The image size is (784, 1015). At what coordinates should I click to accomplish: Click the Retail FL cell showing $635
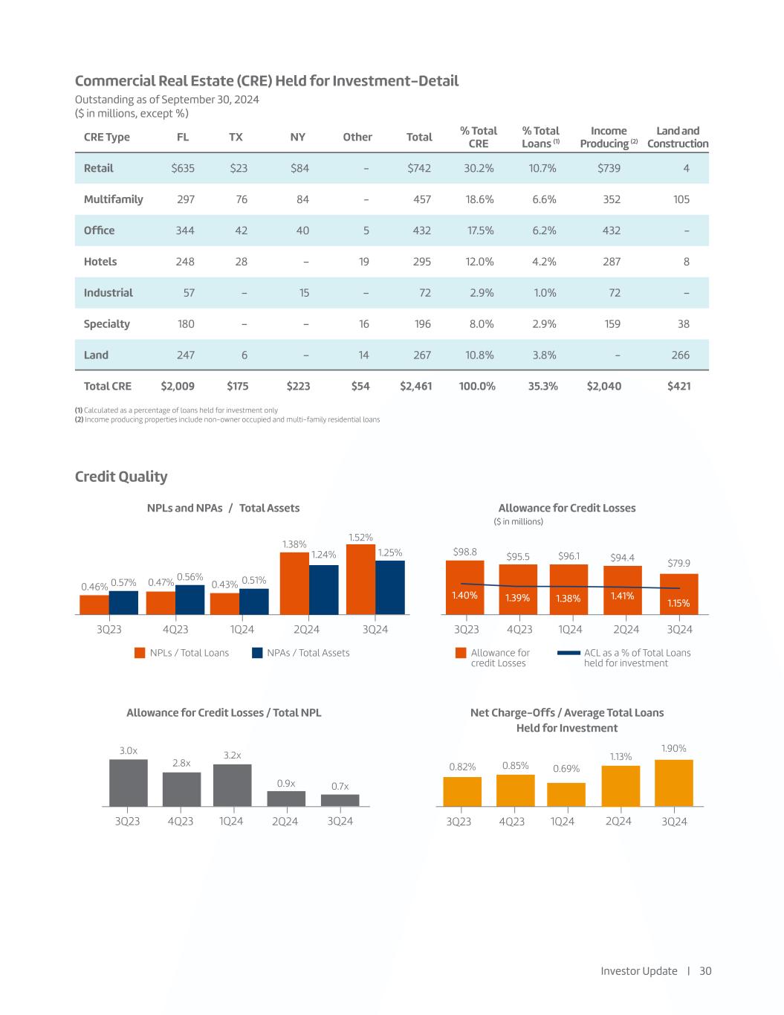coord(183,168)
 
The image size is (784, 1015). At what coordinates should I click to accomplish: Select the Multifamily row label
coord(113,199)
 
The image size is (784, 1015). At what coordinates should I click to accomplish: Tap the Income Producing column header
coord(609,137)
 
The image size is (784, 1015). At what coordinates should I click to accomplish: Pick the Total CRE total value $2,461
coord(415,386)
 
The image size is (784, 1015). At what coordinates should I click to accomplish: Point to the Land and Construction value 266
coord(681,355)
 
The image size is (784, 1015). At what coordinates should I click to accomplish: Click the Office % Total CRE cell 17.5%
coord(481,231)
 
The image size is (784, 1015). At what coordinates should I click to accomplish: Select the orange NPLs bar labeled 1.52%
coord(360,579)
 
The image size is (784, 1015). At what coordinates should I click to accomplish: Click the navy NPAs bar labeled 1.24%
coord(323,590)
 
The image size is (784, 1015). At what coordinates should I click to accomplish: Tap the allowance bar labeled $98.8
coord(464,587)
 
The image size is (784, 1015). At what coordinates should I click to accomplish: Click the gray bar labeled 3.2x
coord(232,785)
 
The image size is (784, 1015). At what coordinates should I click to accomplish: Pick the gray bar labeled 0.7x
coord(340,800)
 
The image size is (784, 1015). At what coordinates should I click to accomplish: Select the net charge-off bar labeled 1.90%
coord(673,783)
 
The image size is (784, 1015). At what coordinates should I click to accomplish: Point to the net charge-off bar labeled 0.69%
coord(566,794)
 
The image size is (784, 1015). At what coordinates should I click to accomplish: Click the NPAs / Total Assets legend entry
coord(300,653)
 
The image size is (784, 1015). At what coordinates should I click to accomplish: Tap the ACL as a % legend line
coord(568,653)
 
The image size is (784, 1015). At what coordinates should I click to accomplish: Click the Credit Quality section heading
coord(121,477)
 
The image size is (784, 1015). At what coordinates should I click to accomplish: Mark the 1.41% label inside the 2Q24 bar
coord(622,596)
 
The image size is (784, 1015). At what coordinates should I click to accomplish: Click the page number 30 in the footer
coord(705,971)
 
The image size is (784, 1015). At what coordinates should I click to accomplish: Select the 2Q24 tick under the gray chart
coord(285,821)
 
